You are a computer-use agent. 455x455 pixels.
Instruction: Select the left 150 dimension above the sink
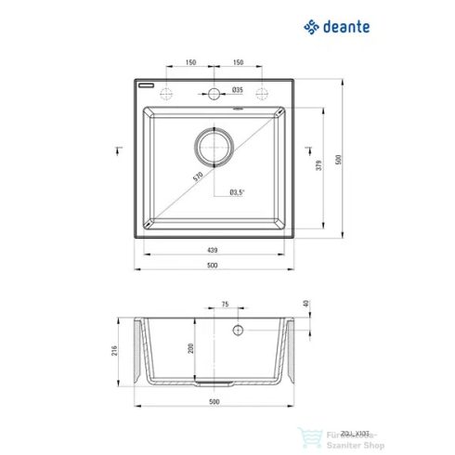point(189,62)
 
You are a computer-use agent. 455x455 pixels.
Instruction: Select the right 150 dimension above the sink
point(238,62)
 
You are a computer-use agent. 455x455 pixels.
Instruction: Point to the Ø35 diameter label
point(237,90)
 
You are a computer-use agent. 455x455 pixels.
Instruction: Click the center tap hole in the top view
point(213,93)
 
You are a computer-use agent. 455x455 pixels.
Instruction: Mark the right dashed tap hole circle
point(261,93)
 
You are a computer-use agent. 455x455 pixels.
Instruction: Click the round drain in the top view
point(213,147)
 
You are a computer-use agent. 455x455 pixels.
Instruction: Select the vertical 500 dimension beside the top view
point(339,158)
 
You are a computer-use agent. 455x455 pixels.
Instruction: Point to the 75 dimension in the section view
point(224,305)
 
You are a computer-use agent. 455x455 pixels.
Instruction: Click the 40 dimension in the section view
point(305,305)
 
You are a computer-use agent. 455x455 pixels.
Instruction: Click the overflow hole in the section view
point(237,331)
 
